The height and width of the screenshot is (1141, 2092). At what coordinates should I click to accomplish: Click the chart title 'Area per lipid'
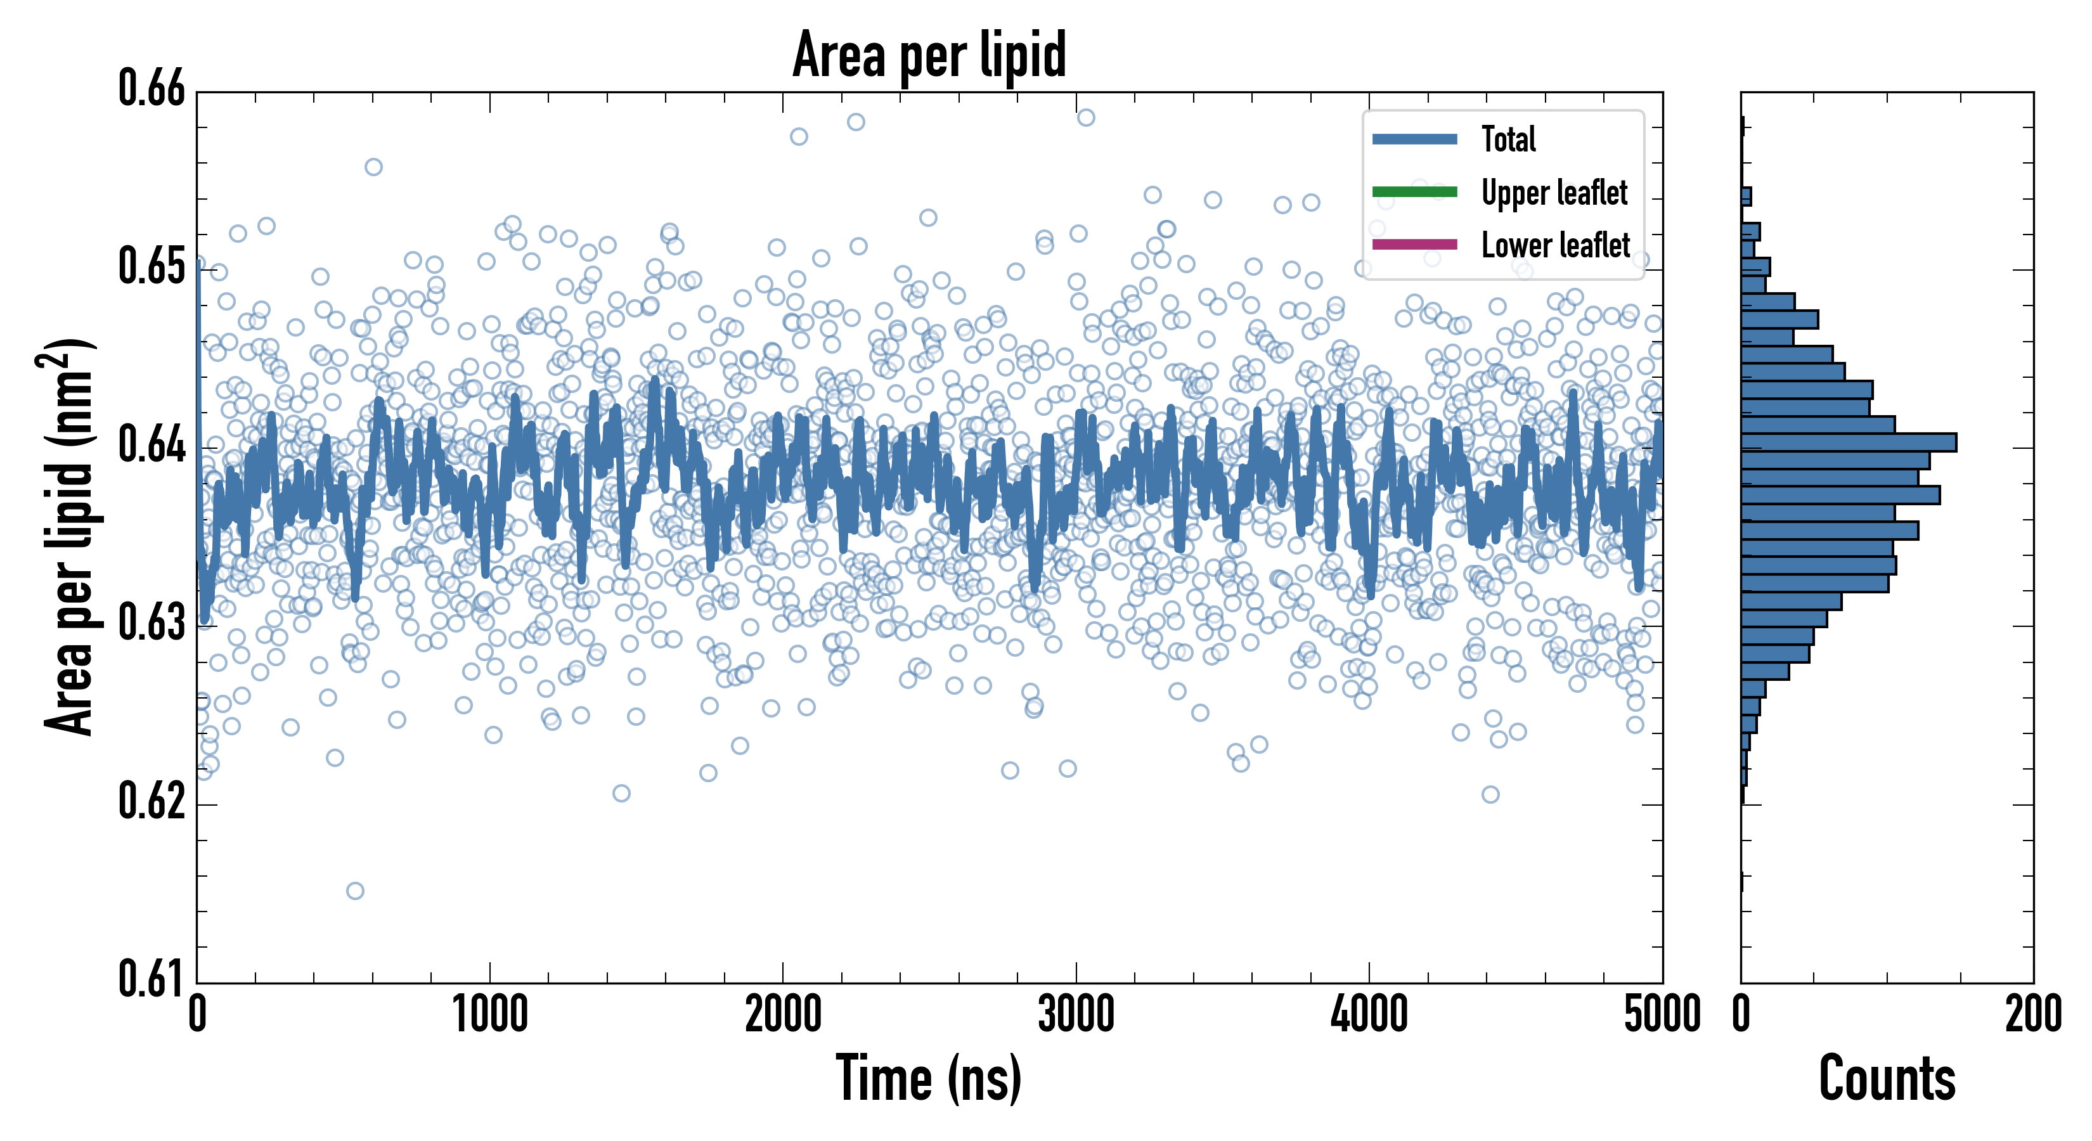[x=929, y=55]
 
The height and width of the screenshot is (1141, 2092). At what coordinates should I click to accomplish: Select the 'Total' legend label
[x=1508, y=139]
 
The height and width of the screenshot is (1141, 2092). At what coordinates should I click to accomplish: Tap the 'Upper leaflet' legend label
[x=1554, y=193]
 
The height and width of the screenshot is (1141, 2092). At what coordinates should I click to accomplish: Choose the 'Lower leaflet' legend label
[x=1555, y=245]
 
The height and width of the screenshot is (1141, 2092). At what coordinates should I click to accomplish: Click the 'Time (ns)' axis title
[x=929, y=1078]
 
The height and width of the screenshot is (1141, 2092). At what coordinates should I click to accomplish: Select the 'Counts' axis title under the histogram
[x=1887, y=1078]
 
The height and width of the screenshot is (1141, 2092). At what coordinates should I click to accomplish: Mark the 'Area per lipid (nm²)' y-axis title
[x=68, y=536]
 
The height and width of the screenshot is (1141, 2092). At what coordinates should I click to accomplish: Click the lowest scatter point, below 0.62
[x=355, y=891]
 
